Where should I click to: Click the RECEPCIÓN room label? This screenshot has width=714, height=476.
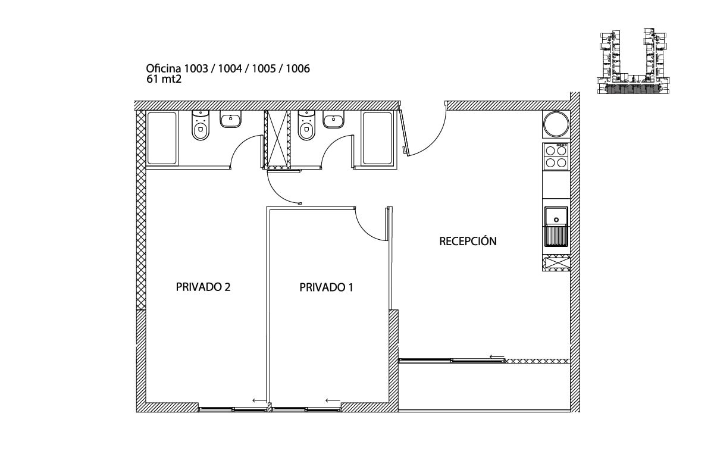click(x=468, y=241)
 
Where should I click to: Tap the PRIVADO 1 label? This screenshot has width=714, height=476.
click(x=326, y=287)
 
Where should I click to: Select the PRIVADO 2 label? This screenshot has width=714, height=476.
click(x=203, y=287)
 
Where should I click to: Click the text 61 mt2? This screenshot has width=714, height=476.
click(x=164, y=79)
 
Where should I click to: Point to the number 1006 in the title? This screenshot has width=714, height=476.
click(x=297, y=69)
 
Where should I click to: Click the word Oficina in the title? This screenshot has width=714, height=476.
click(x=164, y=69)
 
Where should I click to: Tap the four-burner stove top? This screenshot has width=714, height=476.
click(x=556, y=156)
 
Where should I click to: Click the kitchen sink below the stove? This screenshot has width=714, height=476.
click(x=556, y=226)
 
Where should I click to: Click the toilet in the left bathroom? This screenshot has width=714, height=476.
click(x=201, y=127)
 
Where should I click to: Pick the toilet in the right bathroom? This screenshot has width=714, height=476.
click(x=306, y=127)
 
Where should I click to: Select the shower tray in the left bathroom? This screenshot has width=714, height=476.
click(x=162, y=137)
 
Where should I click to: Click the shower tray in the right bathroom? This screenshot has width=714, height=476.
click(x=377, y=137)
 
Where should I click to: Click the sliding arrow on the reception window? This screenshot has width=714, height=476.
click(x=497, y=356)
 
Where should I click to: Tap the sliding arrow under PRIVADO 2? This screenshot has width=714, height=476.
click(x=259, y=400)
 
